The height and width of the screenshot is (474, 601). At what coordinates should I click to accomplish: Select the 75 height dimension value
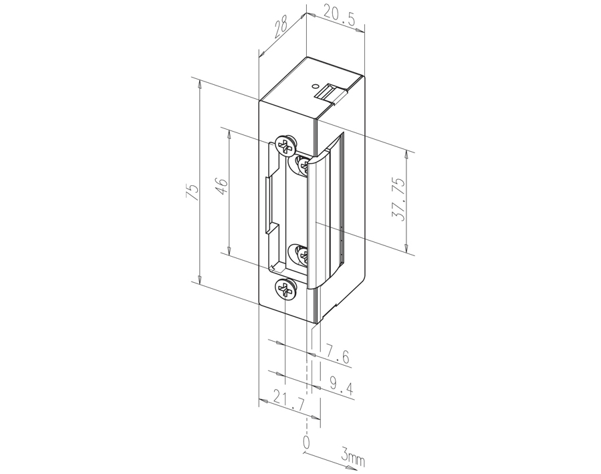pyautogui.click(x=193, y=192)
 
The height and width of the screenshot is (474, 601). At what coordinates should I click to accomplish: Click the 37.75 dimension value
pyautogui.click(x=398, y=199)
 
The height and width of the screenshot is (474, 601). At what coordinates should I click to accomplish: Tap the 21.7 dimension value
pyautogui.click(x=289, y=400)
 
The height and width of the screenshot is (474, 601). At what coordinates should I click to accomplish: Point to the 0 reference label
pyautogui.click(x=306, y=442)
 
